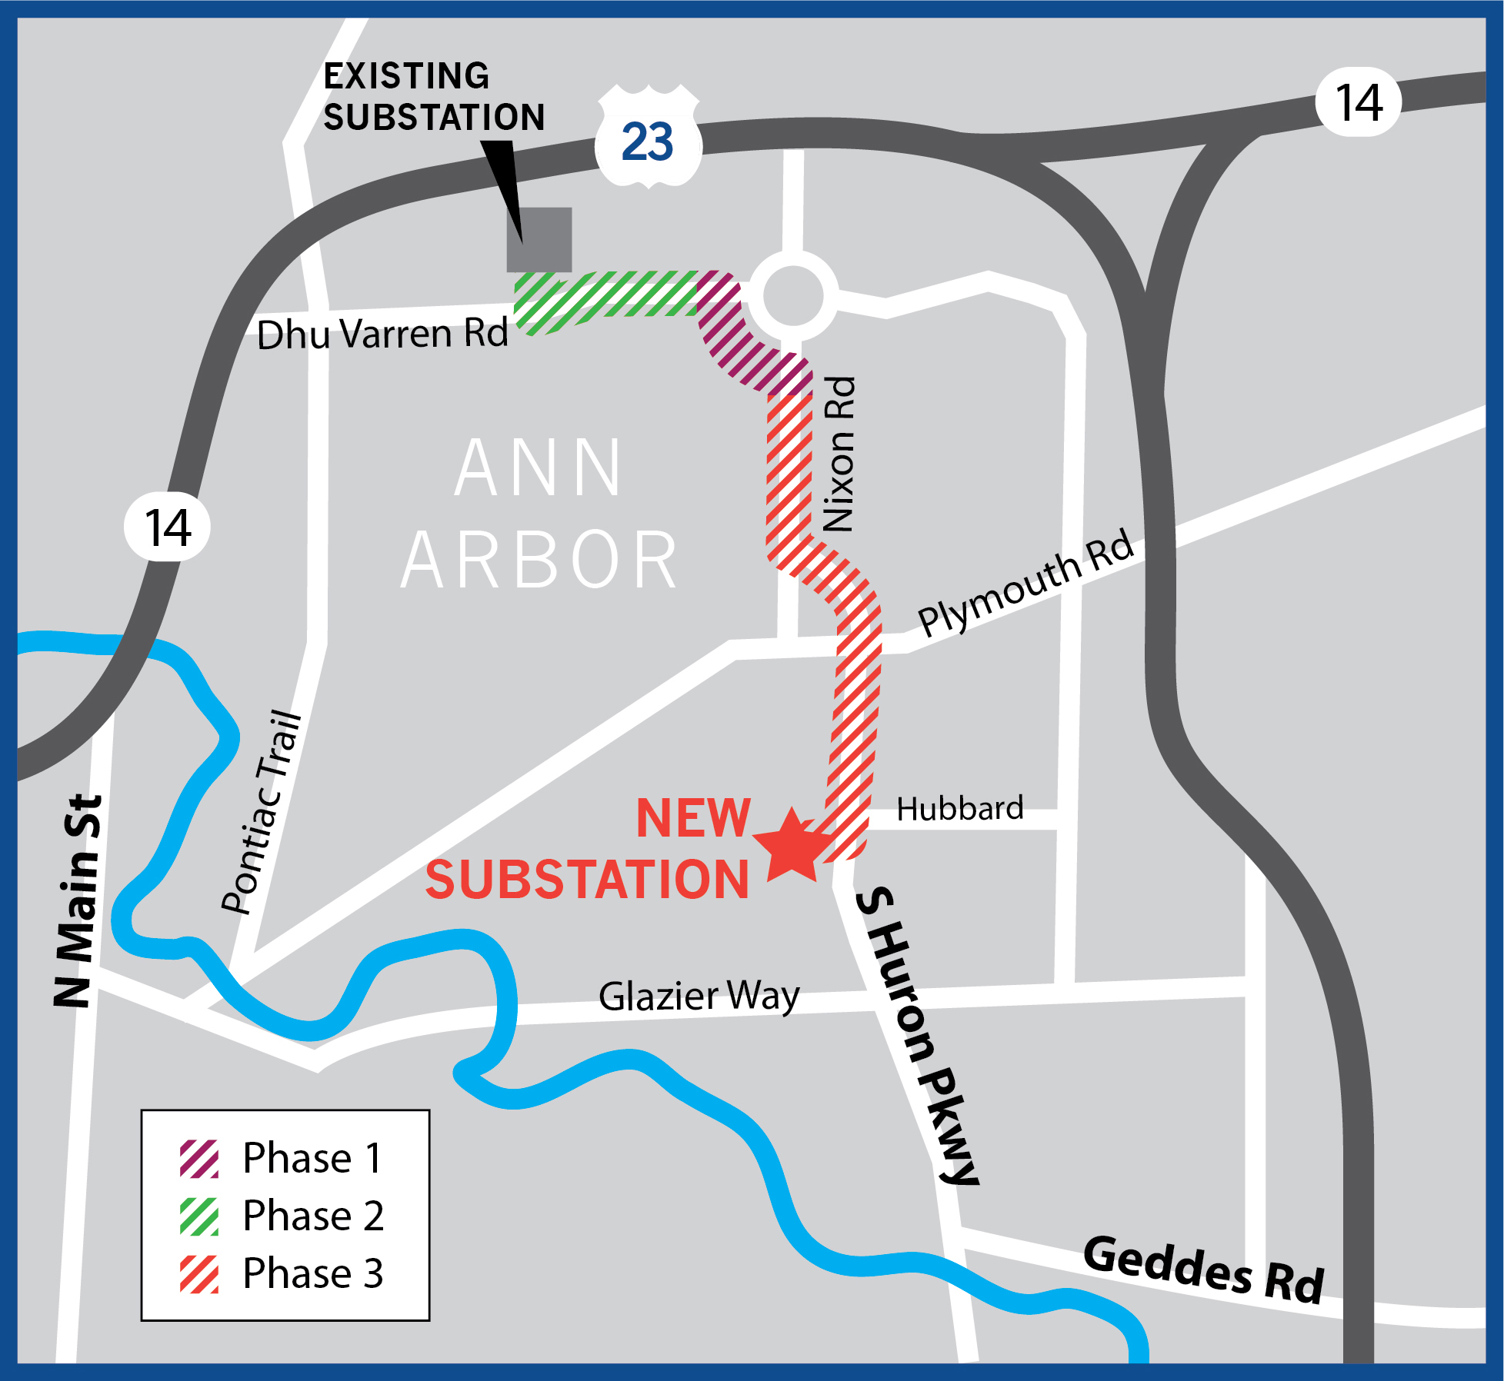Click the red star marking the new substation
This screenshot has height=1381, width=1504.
792,847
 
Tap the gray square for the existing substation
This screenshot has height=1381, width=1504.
539,239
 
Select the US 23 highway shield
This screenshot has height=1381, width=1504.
648,140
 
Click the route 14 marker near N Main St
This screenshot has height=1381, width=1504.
168,527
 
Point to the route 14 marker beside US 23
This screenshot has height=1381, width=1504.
1359,102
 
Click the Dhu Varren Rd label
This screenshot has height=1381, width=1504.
382,334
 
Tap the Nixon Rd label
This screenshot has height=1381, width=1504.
839,454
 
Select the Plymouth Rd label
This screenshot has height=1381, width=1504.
1025,582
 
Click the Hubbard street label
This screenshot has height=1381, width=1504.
959,809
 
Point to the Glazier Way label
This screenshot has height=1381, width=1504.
699,997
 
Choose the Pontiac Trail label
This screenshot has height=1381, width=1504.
262,813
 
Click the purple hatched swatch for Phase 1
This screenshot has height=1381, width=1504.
199,1159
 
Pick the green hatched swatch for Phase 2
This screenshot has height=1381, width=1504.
199,1216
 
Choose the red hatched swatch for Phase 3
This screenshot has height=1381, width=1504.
199,1274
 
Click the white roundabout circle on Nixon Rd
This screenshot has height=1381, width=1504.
793,295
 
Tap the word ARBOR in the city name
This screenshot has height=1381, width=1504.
539,560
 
